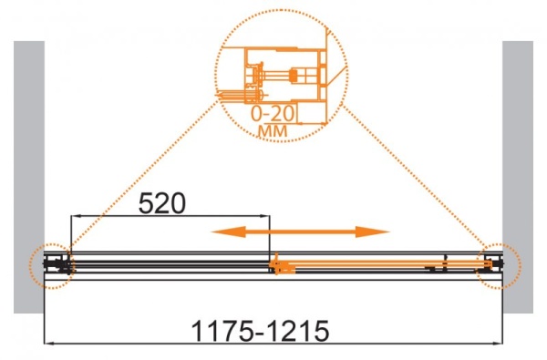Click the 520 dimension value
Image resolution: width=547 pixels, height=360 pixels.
[x=162, y=204]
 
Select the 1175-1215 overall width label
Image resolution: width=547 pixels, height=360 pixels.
[x=260, y=331]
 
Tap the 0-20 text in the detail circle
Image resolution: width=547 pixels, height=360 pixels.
[x=273, y=113]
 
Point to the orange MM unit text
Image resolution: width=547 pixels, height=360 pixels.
[x=273, y=131]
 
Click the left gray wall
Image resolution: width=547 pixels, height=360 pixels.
[x=29, y=177]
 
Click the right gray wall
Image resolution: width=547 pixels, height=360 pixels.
[x=518, y=177]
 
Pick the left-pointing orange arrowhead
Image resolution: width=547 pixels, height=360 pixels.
[x=229, y=231]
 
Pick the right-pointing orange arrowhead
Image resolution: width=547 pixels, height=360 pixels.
[x=372, y=231]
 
